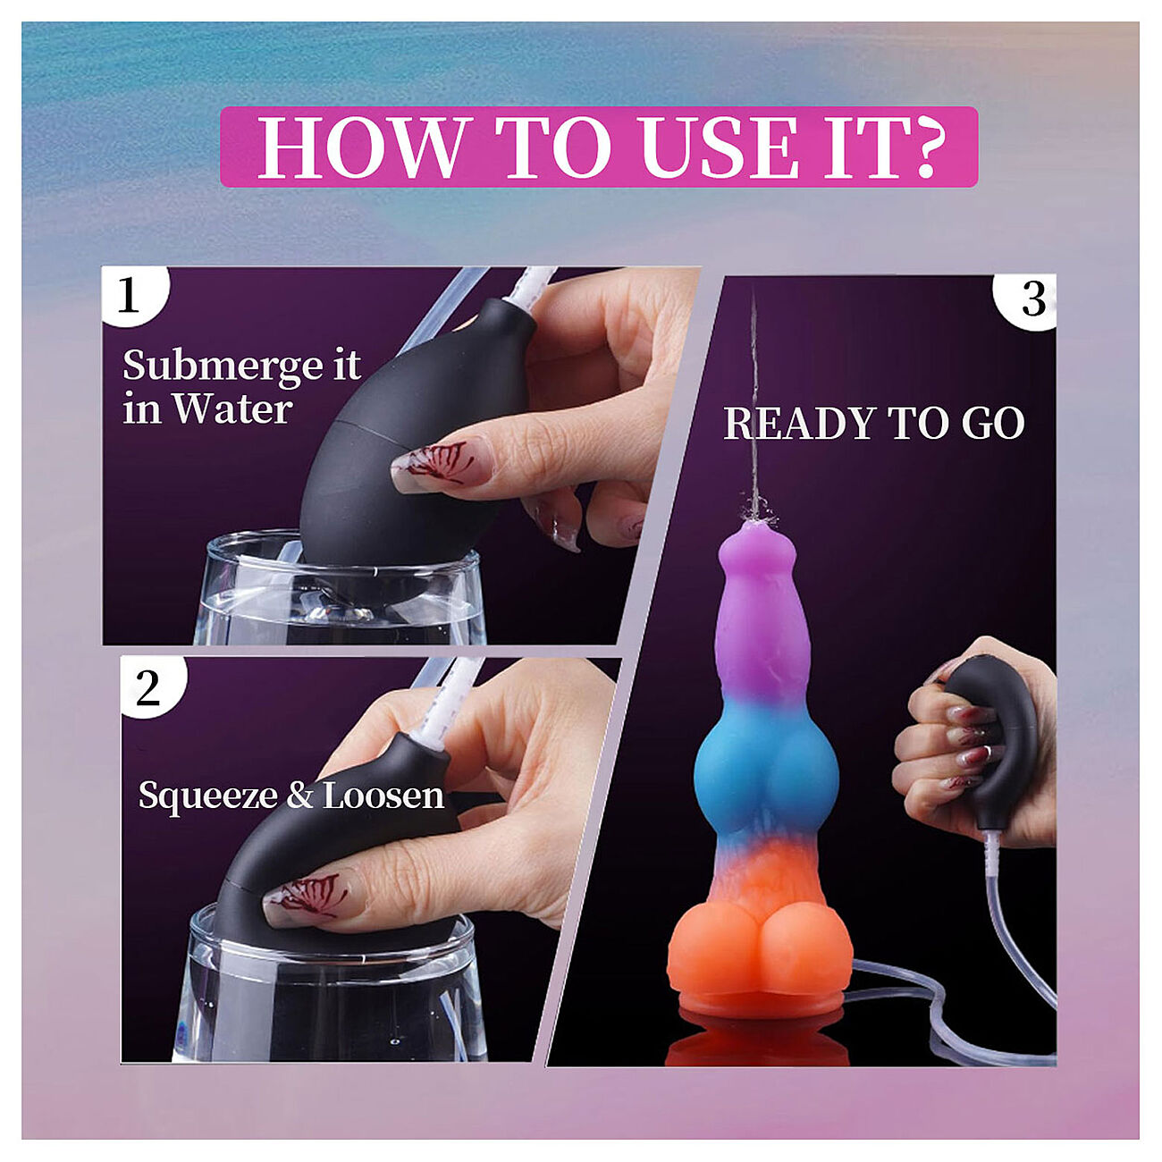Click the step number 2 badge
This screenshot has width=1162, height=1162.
147,687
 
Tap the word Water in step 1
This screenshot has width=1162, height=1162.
232,410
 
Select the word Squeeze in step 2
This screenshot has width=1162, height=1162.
206,795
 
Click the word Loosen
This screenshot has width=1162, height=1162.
383,795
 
